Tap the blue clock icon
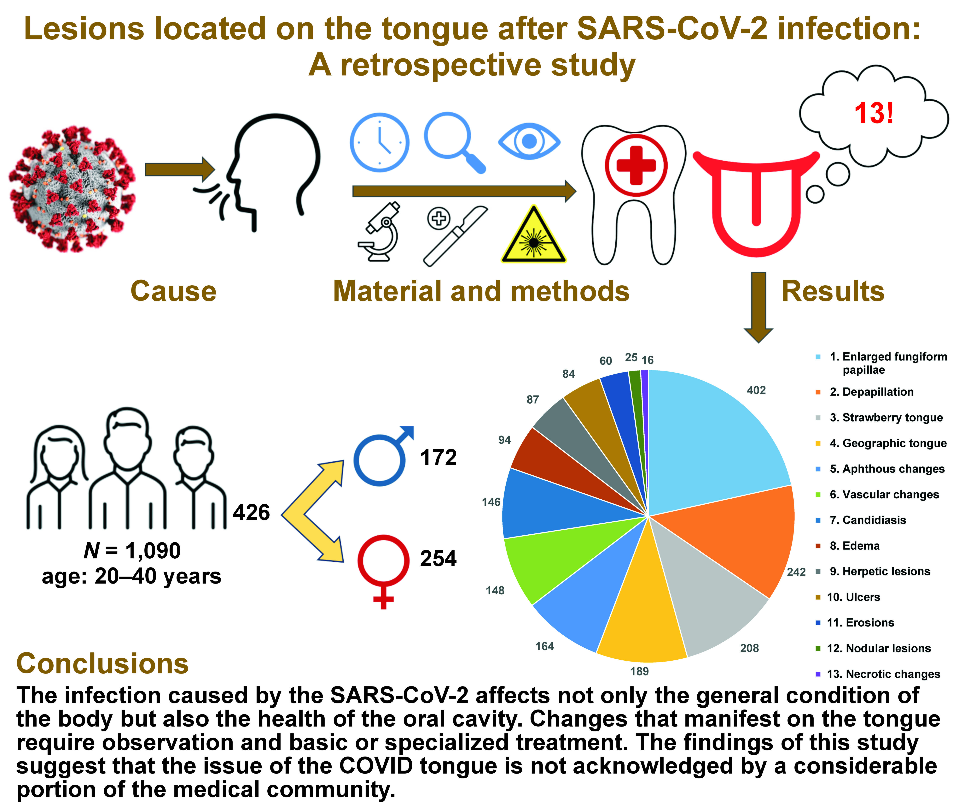click(x=380, y=143)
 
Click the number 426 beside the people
click(x=251, y=512)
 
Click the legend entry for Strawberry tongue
click(x=886, y=418)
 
